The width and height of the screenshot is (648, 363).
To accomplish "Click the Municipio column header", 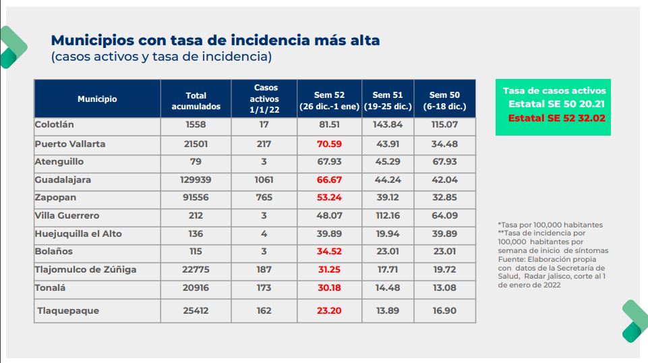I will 97,99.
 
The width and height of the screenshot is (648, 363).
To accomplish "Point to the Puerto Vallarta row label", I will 70,144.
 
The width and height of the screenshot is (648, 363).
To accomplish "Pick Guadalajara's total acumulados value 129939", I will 196,180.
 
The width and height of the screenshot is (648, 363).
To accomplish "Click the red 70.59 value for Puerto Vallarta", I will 330,144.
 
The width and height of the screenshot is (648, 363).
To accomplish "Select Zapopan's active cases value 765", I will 264,198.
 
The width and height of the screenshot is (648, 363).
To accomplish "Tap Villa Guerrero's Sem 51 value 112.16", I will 387,216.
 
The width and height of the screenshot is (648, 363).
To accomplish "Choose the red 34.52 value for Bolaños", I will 330,252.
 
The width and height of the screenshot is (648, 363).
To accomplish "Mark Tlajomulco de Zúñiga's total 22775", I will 196,270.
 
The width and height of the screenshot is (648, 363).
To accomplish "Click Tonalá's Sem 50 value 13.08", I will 444,288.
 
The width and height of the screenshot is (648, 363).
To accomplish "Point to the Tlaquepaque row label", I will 68,311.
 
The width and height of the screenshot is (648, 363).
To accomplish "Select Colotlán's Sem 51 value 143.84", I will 387,125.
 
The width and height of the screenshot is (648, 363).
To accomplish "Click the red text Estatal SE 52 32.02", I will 557,117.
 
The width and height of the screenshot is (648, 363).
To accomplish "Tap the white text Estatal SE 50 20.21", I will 557,104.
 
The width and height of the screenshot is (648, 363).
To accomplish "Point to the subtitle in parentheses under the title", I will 161,57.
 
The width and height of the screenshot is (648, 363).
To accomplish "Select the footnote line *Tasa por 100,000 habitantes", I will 550,225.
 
